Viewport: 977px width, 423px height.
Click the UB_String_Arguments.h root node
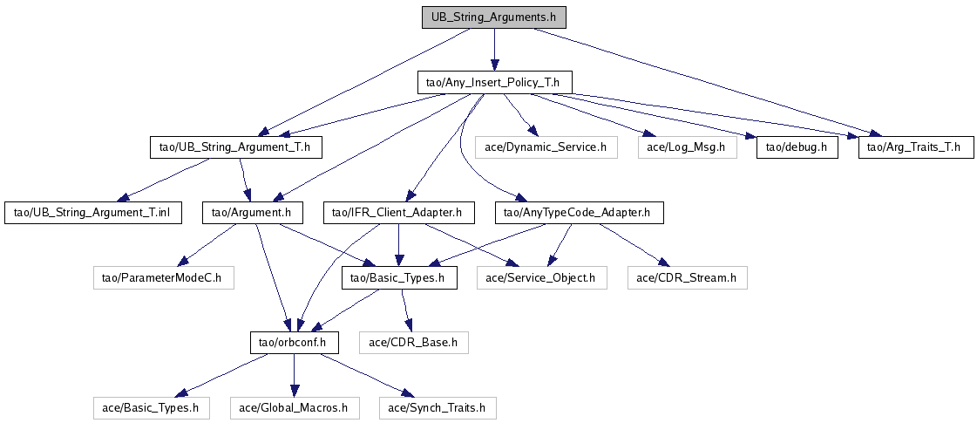(493, 17)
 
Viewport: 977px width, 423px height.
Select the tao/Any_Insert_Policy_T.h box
(494, 83)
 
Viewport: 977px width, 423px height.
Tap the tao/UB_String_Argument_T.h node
(235, 147)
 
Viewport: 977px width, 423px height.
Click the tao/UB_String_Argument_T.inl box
(93, 212)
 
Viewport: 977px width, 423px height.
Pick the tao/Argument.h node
(252, 212)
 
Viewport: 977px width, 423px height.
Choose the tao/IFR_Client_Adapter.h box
(398, 212)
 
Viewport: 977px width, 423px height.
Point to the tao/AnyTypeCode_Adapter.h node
(580, 212)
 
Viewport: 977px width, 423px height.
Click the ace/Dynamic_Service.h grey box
(546, 147)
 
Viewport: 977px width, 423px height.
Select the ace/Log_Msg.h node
(687, 147)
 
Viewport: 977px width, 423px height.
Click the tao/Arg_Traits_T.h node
(915, 147)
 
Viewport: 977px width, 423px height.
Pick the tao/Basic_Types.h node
(398, 278)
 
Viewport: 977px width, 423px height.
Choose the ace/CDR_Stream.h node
(687, 278)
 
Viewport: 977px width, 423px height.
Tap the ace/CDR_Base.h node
(413, 342)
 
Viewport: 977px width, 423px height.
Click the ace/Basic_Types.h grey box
(152, 407)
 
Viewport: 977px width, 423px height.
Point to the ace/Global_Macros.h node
(294, 407)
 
